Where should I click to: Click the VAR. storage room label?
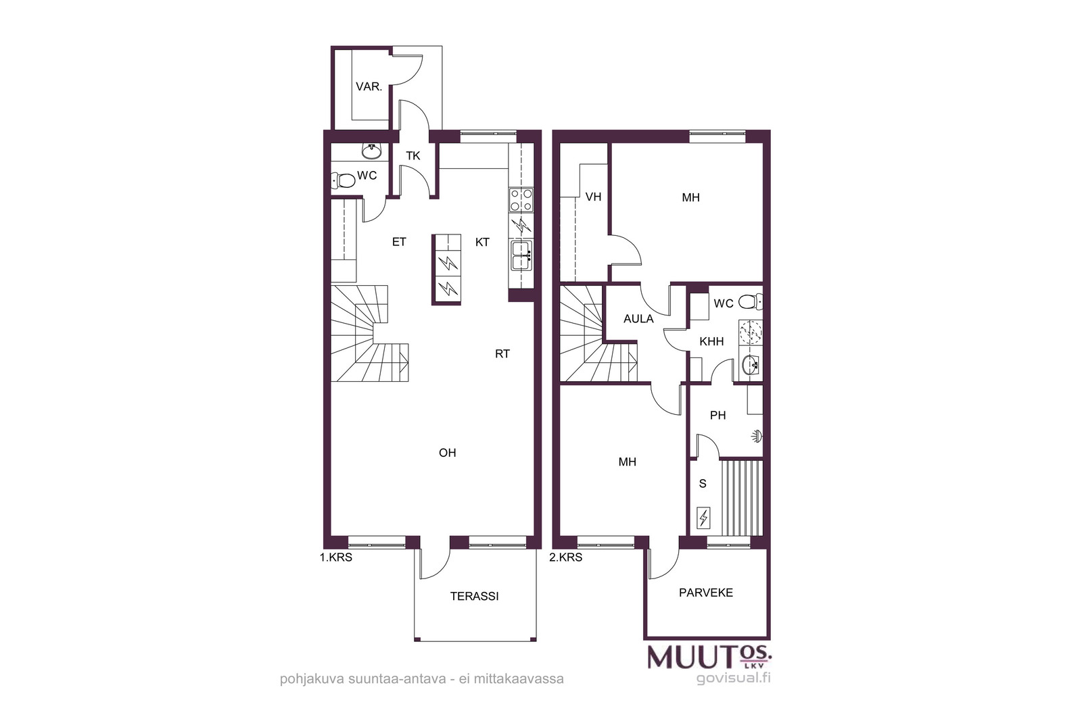[369, 87]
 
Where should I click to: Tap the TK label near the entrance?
[413, 156]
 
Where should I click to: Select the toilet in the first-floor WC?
[343, 180]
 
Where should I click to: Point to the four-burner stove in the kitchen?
[521, 200]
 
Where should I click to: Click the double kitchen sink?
[521, 255]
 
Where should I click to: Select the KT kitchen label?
[483, 243]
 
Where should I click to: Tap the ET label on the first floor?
[399, 242]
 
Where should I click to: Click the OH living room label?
[447, 453]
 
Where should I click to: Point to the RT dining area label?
[502, 354]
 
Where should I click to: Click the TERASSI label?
[474, 596]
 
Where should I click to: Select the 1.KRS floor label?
[335, 557]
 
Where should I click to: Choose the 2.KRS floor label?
[565, 557]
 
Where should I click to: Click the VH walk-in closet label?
[593, 197]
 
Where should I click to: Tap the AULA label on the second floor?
[638, 318]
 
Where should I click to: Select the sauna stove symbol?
[703, 518]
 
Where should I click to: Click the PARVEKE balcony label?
[706, 593]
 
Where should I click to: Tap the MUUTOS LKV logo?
[709, 657]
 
